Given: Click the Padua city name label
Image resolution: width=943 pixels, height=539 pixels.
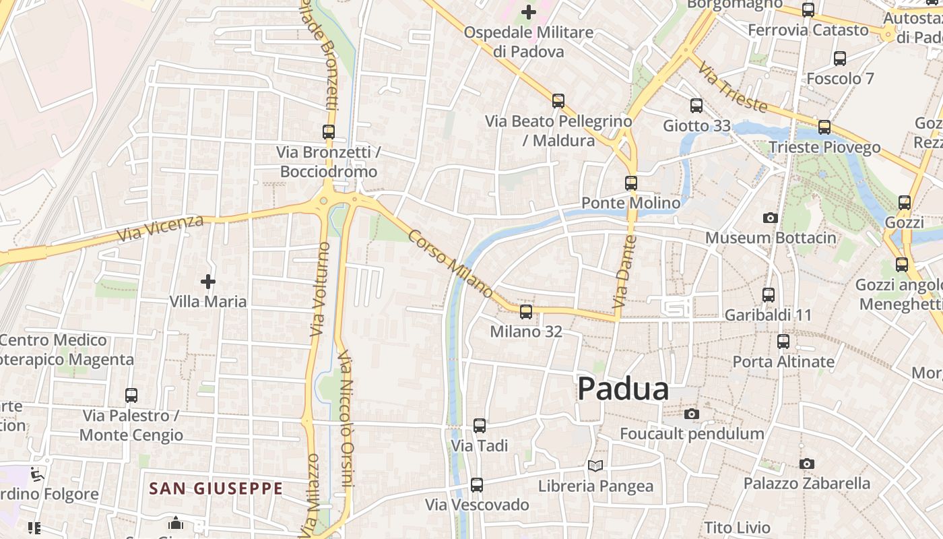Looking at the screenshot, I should click(623, 389).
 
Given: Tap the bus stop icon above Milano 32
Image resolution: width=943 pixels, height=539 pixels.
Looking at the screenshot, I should click(526, 312).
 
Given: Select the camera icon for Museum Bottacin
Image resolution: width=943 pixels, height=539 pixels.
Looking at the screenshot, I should click(771, 218).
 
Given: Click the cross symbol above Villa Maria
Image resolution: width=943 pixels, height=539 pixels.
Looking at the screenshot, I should click(208, 281).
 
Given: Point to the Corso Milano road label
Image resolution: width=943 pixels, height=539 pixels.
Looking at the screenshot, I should click(451, 263).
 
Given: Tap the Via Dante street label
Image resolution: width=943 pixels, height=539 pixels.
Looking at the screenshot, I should click(624, 277).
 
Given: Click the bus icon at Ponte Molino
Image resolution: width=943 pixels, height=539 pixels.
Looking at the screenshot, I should click(631, 183).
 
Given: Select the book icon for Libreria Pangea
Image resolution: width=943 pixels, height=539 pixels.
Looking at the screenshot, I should click(595, 466).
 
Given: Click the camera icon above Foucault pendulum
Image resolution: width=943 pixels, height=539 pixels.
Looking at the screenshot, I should click(692, 414).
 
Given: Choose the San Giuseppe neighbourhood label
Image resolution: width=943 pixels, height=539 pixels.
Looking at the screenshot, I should click(216, 488).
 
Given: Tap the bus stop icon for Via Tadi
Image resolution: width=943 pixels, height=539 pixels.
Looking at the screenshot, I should click(480, 426).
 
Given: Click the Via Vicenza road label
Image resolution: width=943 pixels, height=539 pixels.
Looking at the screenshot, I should click(160, 229).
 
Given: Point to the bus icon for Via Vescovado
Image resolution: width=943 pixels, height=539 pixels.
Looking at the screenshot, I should click(477, 484).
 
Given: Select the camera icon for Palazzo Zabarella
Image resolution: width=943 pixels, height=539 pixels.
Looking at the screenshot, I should click(806, 464).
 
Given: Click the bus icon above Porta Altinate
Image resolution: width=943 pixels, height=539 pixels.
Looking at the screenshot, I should click(783, 342).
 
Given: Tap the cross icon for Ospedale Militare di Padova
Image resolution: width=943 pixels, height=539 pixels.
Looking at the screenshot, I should click(529, 11).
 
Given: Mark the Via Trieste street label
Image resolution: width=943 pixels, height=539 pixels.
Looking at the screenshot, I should click(732, 88).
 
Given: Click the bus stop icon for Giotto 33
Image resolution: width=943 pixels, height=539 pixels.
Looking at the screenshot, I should click(696, 106).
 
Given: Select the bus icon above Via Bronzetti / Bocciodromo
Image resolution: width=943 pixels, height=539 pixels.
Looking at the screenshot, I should click(329, 132).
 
